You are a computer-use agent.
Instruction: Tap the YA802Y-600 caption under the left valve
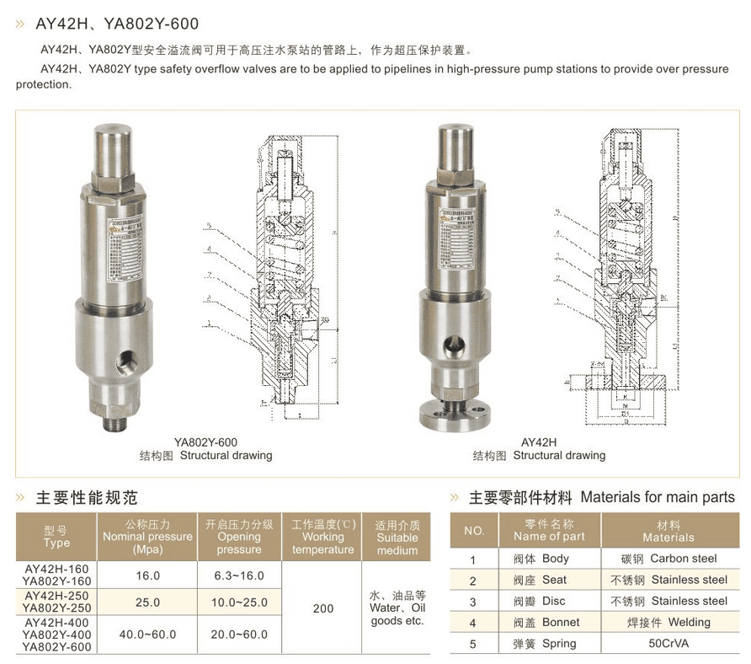coord(205,442)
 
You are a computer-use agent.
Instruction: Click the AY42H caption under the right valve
coord(539,442)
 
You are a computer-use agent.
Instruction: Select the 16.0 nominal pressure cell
coord(147,576)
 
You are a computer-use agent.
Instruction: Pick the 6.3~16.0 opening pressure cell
coord(239,576)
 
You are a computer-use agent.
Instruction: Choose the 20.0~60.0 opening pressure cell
coord(239,634)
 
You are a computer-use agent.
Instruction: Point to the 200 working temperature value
coord(322,608)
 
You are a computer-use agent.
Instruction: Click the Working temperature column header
coord(323,537)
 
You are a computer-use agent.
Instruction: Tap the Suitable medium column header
coord(397,538)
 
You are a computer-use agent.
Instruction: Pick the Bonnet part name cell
coord(551,623)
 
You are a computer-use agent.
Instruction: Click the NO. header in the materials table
coord(474,531)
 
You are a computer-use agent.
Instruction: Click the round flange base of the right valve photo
coord(455,414)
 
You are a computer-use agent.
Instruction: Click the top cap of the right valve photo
coord(454,143)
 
